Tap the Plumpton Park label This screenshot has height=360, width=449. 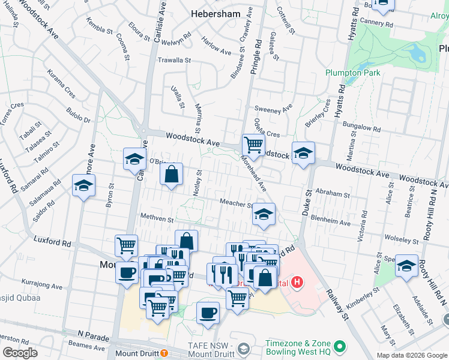tap(353, 73)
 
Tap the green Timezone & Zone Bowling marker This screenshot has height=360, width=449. tap(340, 346)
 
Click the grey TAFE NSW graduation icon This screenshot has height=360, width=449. tap(243, 349)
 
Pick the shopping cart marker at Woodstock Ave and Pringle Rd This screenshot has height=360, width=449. tap(253, 144)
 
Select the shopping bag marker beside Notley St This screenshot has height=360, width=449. tap(172, 175)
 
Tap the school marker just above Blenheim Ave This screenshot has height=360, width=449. tap(263, 214)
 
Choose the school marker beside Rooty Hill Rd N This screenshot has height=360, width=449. tap(406, 266)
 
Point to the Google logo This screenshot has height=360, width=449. tap(20, 352)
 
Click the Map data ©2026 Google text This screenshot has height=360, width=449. tap(411, 355)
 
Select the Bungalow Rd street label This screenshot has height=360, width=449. tap(361, 127)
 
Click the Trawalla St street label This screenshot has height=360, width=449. tap(173, 61)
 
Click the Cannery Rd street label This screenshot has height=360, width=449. tap(376, 25)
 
